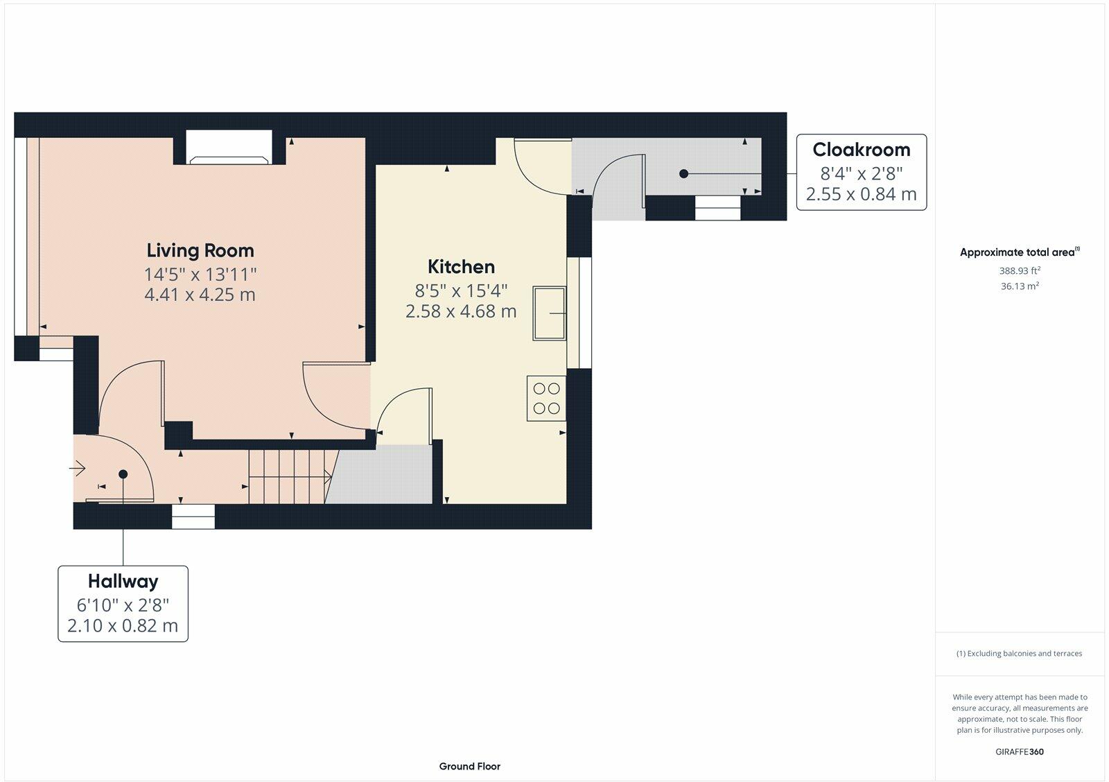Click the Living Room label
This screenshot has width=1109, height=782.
click(200, 250)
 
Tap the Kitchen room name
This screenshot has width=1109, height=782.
click(461, 267)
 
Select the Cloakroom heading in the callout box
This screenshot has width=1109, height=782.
click(862, 150)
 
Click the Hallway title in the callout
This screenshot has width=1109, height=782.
click(123, 582)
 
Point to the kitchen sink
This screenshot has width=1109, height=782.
click(550, 313)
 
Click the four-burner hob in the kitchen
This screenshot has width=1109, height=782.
click(547, 398)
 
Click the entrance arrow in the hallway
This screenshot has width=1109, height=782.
click(77, 468)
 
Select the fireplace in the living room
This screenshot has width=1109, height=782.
click(229, 147)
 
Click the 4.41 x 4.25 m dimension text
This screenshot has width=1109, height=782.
click(200, 295)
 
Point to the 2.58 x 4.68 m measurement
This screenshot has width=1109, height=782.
click(461, 311)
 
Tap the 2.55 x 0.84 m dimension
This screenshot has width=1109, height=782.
click(862, 194)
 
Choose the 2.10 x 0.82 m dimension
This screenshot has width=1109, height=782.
click(123, 626)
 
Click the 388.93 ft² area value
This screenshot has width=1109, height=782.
click(1020, 271)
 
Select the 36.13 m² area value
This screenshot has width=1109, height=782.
click(1020, 286)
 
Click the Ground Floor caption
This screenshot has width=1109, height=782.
click(469, 767)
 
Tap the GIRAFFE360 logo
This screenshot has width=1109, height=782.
click(1020, 751)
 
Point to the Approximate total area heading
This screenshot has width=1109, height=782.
click(1020, 252)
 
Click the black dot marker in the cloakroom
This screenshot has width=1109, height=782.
click(683, 174)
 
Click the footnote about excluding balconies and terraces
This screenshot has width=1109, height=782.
click(1019, 654)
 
